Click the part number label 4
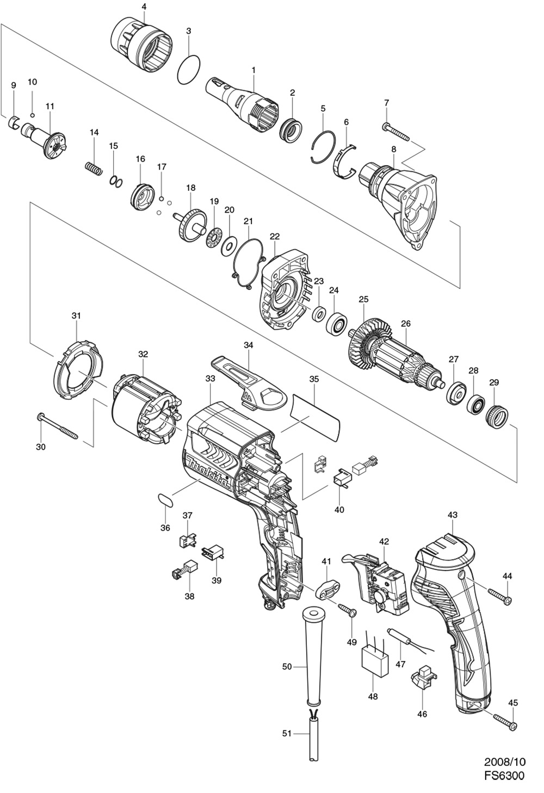click(143, 7)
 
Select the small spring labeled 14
click(95, 168)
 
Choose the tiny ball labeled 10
click(33, 115)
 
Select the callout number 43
click(453, 515)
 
